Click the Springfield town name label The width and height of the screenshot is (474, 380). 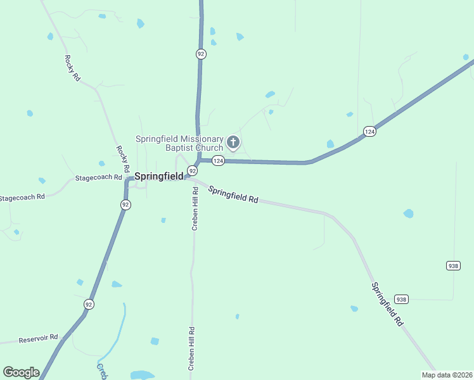pos(158,176)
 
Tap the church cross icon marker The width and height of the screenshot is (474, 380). pos(233,142)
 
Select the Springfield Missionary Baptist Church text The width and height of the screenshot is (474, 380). pos(179,143)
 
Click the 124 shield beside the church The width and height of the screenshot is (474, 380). pos(218,161)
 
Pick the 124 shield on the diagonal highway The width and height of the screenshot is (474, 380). pos(369,131)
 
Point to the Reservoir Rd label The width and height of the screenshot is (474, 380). pos(38,338)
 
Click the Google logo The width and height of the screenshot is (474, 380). pos(21,372)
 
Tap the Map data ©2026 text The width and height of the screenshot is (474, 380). pos(446,375)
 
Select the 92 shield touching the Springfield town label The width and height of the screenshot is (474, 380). pos(192,170)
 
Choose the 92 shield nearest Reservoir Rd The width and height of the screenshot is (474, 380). pos(89,305)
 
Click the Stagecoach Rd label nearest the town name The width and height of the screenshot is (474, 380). pos(98,178)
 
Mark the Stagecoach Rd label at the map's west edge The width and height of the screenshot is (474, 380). pos(22,198)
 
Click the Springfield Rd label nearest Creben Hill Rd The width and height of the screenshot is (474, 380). pos(233,194)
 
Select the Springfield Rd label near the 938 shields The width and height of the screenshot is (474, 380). pos(387,304)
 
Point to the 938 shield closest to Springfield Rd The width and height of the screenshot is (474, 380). pos(401,299)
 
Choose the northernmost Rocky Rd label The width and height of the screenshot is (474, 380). pos(72,68)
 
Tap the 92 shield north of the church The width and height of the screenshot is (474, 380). pos(201,54)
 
